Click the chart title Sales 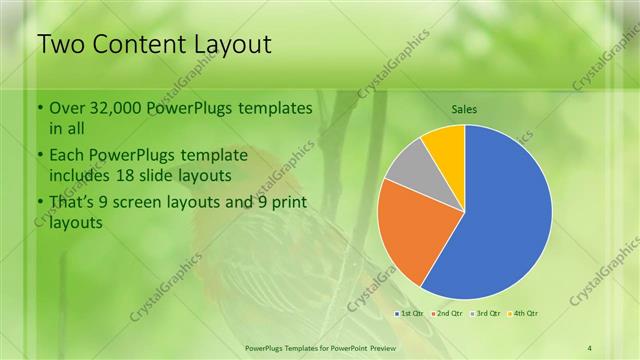464,109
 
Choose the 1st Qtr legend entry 410,314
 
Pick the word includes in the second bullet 82,176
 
